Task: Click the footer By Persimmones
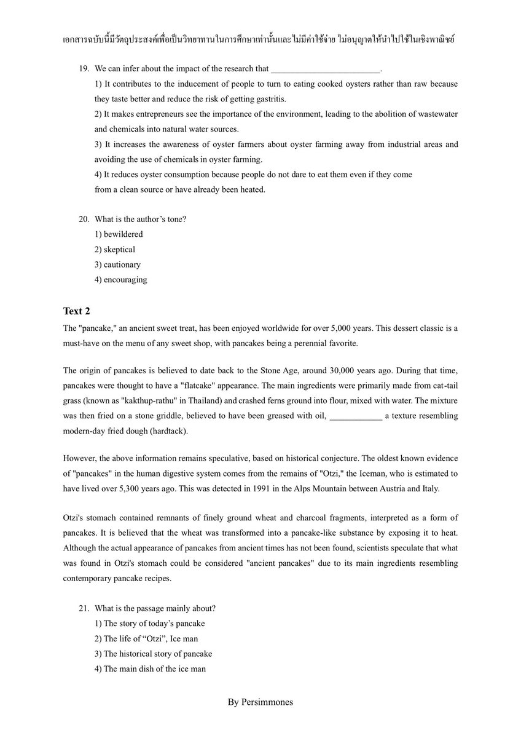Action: point(260,702)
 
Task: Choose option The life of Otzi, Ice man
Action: point(146,638)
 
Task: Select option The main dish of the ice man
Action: point(150,669)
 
